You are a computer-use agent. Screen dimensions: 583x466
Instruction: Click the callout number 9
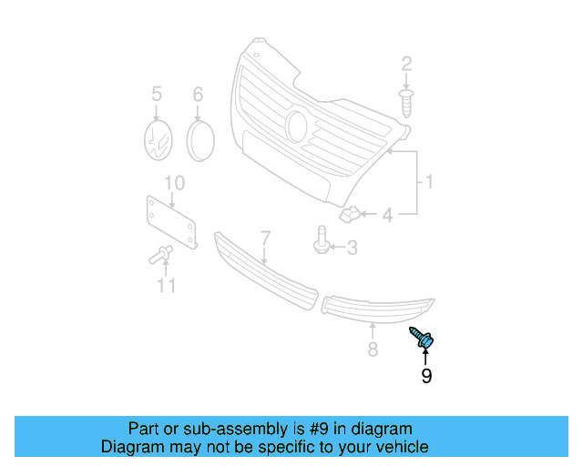pos(426,375)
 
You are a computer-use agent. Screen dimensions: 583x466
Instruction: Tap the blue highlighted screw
pos(423,338)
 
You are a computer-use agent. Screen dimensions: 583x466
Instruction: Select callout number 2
pos(406,64)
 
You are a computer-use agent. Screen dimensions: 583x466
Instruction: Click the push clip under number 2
pos(407,101)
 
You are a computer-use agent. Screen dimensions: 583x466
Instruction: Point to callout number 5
pos(156,93)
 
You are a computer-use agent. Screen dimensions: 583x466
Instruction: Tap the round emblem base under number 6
pos(199,139)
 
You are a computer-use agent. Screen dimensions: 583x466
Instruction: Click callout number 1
pos(427,183)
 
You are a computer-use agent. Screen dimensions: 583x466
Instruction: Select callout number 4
pos(387,216)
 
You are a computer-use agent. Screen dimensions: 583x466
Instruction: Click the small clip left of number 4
pos(350,216)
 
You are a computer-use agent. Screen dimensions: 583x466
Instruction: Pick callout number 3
pos(351,247)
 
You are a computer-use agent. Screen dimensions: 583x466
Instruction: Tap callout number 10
pos(173,183)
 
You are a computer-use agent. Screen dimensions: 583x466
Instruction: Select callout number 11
pos(164,288)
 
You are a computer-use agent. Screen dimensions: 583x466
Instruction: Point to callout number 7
pos(265,238)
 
